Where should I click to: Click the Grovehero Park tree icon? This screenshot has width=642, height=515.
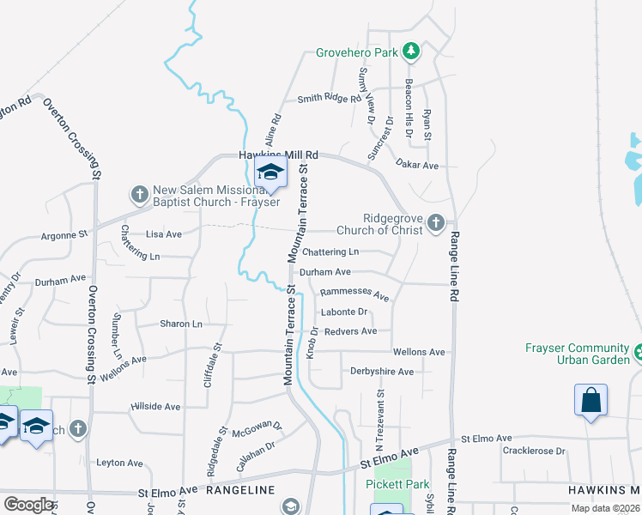411,52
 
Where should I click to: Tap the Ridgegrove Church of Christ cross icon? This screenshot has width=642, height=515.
436,224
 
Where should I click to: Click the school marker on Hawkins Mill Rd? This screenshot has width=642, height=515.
270,173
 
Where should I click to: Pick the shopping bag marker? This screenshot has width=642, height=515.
591,400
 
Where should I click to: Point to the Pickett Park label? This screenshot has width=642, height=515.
397,484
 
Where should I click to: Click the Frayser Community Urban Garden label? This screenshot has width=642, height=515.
577,354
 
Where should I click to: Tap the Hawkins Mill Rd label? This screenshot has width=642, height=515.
277,155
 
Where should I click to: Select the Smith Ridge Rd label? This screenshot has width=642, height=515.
329,99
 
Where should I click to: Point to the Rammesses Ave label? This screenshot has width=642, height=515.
354,294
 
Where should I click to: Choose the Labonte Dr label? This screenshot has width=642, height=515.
343,312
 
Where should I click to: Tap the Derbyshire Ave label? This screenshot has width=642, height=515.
382,372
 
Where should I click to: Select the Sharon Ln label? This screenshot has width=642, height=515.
180,324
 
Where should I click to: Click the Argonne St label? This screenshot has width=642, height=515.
65,233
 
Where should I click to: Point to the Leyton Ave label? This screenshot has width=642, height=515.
117,462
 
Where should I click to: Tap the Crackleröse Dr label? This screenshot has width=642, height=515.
534,451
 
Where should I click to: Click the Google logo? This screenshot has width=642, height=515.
29,504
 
